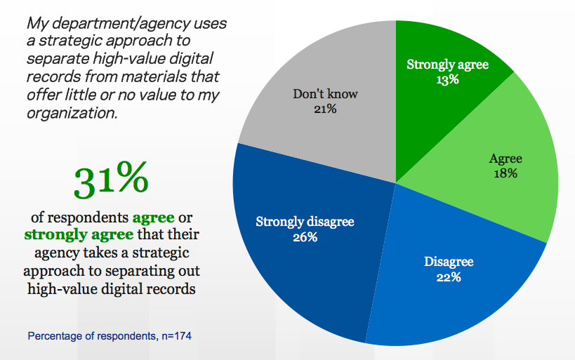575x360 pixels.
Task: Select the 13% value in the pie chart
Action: [448, 79]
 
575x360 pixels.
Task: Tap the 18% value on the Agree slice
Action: [505, 173]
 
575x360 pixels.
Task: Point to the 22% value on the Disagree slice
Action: [448, 277]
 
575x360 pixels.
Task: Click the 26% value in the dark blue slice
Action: [305, 237]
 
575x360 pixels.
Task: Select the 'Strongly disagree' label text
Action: [305, 222]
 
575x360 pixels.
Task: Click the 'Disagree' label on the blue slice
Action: [448, 262]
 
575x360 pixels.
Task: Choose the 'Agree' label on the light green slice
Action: [505, 159]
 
